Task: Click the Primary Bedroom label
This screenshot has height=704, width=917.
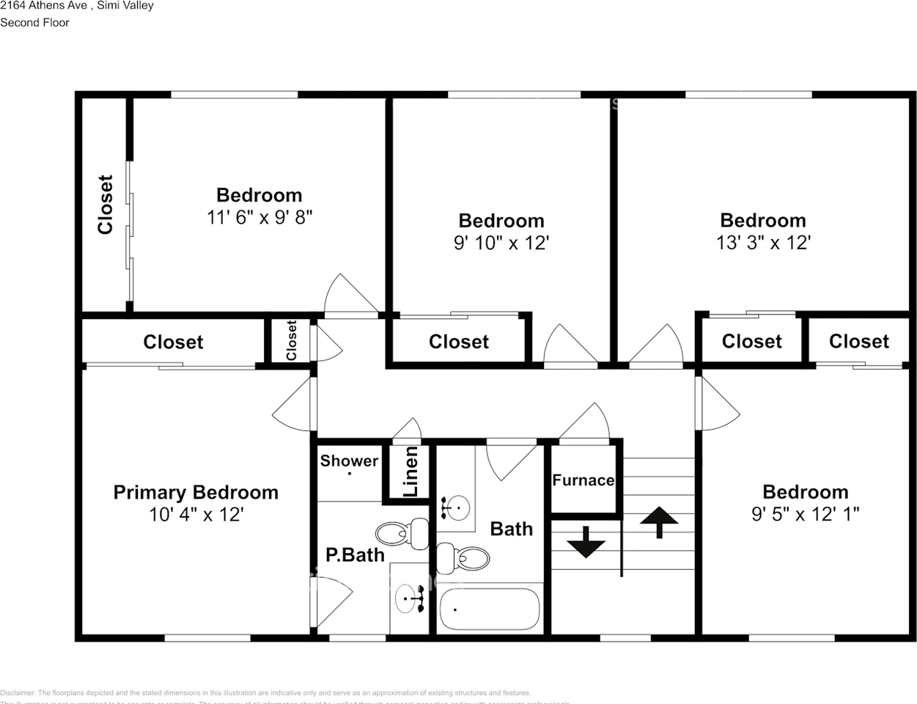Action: point(196,492)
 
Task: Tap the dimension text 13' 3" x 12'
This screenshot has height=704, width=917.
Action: point(762,243)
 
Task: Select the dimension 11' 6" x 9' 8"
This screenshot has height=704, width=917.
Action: point(259,217)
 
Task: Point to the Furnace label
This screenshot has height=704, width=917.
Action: point(583,480)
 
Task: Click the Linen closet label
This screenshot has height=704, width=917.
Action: point(411,472)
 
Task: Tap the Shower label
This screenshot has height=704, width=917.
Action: point(349,461)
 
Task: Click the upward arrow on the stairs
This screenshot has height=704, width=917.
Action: point(658,521)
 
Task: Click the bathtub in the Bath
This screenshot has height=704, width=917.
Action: point(490,609)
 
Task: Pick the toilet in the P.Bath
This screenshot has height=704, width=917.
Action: point(404,533)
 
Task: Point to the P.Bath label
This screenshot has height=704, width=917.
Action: point(355,555)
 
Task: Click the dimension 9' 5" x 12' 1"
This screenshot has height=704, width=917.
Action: point(805,514)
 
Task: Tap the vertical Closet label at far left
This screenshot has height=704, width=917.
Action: point(106,205)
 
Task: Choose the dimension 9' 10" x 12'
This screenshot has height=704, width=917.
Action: point(501,243)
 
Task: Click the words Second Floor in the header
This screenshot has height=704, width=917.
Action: point(34,23)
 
